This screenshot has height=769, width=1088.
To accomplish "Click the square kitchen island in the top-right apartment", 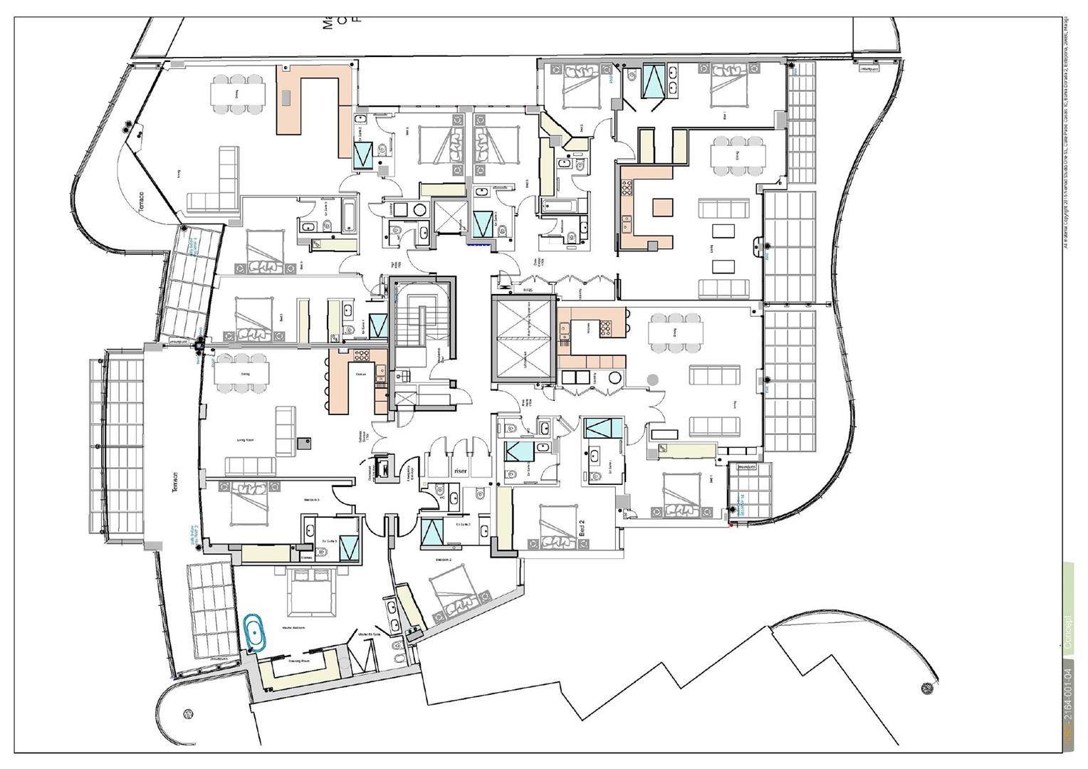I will coord(662,207).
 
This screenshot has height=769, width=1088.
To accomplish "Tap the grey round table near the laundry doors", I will coord(652,380).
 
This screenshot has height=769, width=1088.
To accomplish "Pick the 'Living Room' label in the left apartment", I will coord(245,440).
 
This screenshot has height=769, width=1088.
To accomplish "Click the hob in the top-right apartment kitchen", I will coord(627,188).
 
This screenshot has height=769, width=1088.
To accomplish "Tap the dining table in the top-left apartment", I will coord(238,93).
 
